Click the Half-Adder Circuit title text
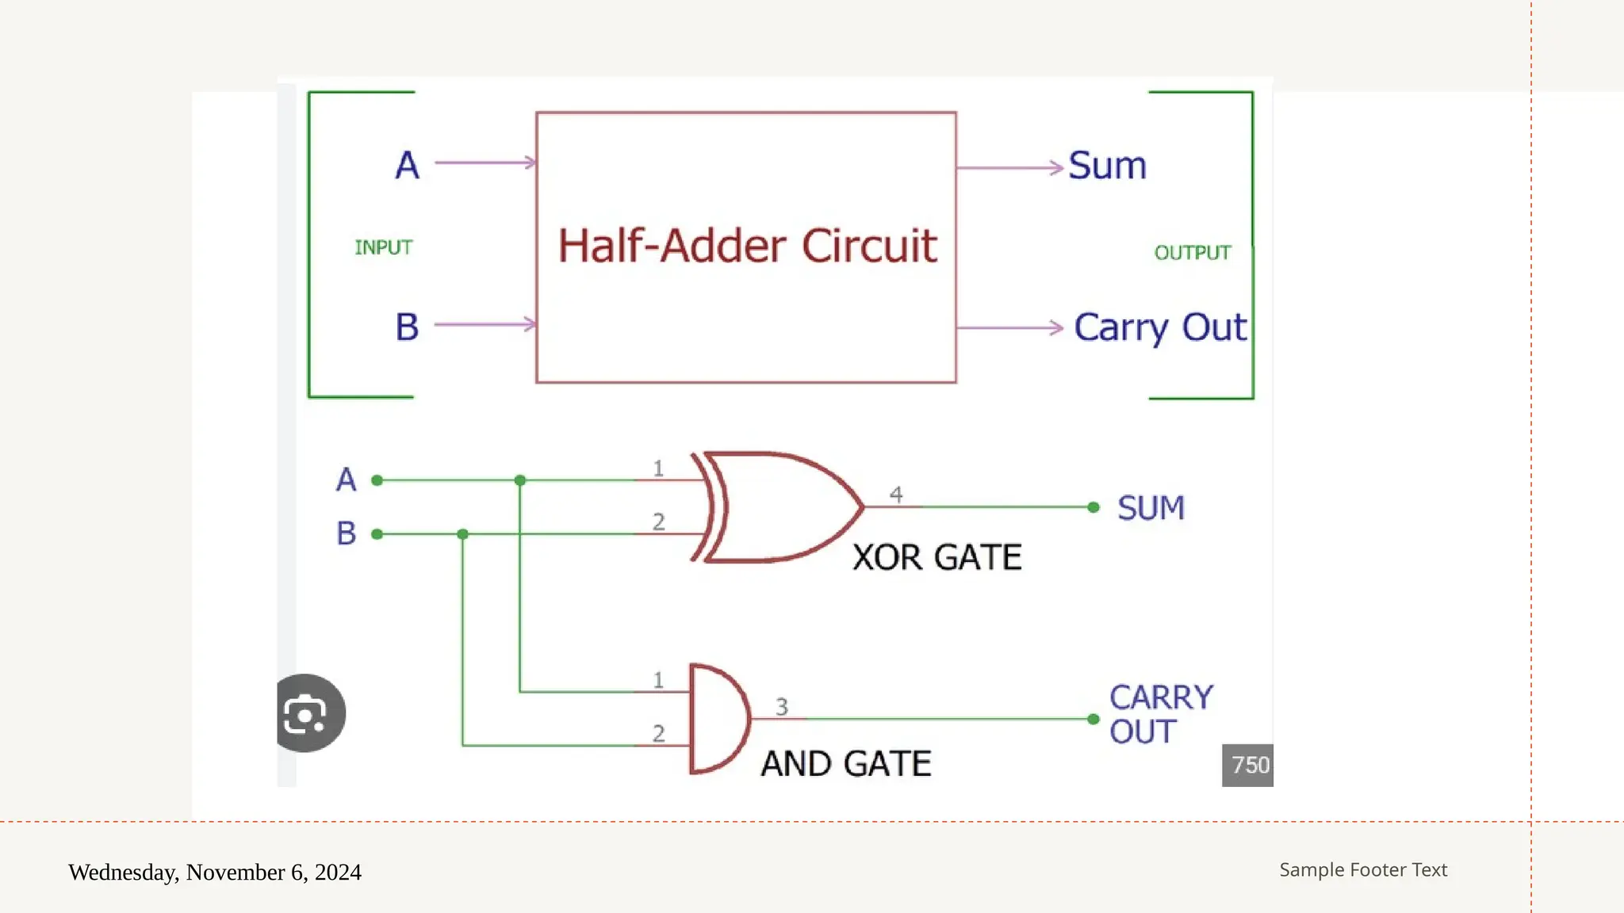tap(747, 246)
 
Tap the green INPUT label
tap(383, 248)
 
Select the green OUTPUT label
tap(1192, 253)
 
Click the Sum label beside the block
tap(1107, 166)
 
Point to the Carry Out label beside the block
tap(1159, 327)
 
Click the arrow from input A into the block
tap(485, 162)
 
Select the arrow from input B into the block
tap(485, 323)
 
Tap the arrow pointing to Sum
tap(1009, 167)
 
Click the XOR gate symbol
tap(781, 507)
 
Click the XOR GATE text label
tap(936, 557)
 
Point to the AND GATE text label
tap(846, 764)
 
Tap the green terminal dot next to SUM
tap(1094, 507)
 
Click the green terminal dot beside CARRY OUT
tap(1094, 719)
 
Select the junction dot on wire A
tap(520, 480)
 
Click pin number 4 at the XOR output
tap(896, 495)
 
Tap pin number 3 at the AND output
tap(782, 706)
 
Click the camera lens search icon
tap(305, 714)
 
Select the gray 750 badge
tap(1247, 765)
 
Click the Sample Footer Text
tap(1363, 869)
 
